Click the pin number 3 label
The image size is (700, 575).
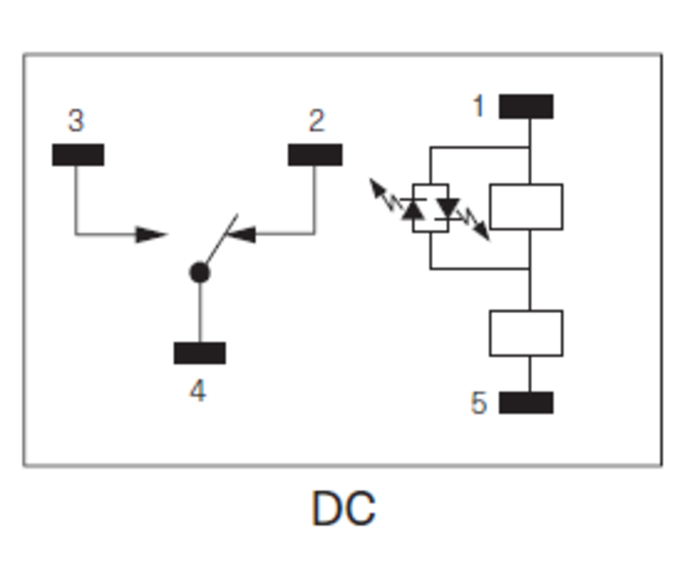(x=76, y=120)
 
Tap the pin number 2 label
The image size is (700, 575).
(x=316, y=121)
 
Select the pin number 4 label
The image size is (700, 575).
(x=197, y=391)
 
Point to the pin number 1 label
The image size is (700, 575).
(x=479, y=106)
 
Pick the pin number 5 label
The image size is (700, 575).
(x=479, y=404)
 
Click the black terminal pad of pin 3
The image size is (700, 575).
(x=78, y=155)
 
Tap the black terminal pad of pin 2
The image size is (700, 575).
(x=315, y=155)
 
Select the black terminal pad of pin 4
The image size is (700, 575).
(x=199, y=353)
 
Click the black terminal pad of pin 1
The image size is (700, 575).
(x=526, y=106)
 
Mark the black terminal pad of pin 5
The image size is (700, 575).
(x=526, y=403)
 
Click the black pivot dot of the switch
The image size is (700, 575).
(x=199, y=272)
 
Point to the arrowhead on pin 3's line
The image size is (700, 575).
(x=150, y=234)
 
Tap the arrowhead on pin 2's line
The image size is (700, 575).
(x=241, y=234)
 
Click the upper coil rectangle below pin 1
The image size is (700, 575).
(x=526, y=206)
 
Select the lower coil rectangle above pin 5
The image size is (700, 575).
(x=526, y=333)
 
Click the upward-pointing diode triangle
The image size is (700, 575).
(x=414, y=209)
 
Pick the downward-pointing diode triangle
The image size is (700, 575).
(x=447, y=208)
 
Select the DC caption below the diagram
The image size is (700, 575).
(x=343, y=509)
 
